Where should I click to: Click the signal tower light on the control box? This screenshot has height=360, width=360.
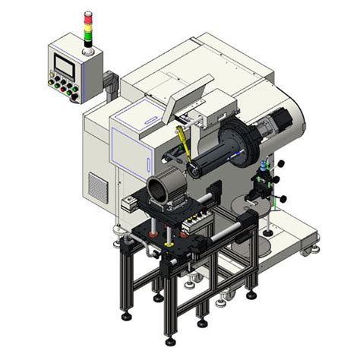pos(87,27)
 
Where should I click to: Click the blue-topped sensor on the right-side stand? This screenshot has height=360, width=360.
pos(264,164)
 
